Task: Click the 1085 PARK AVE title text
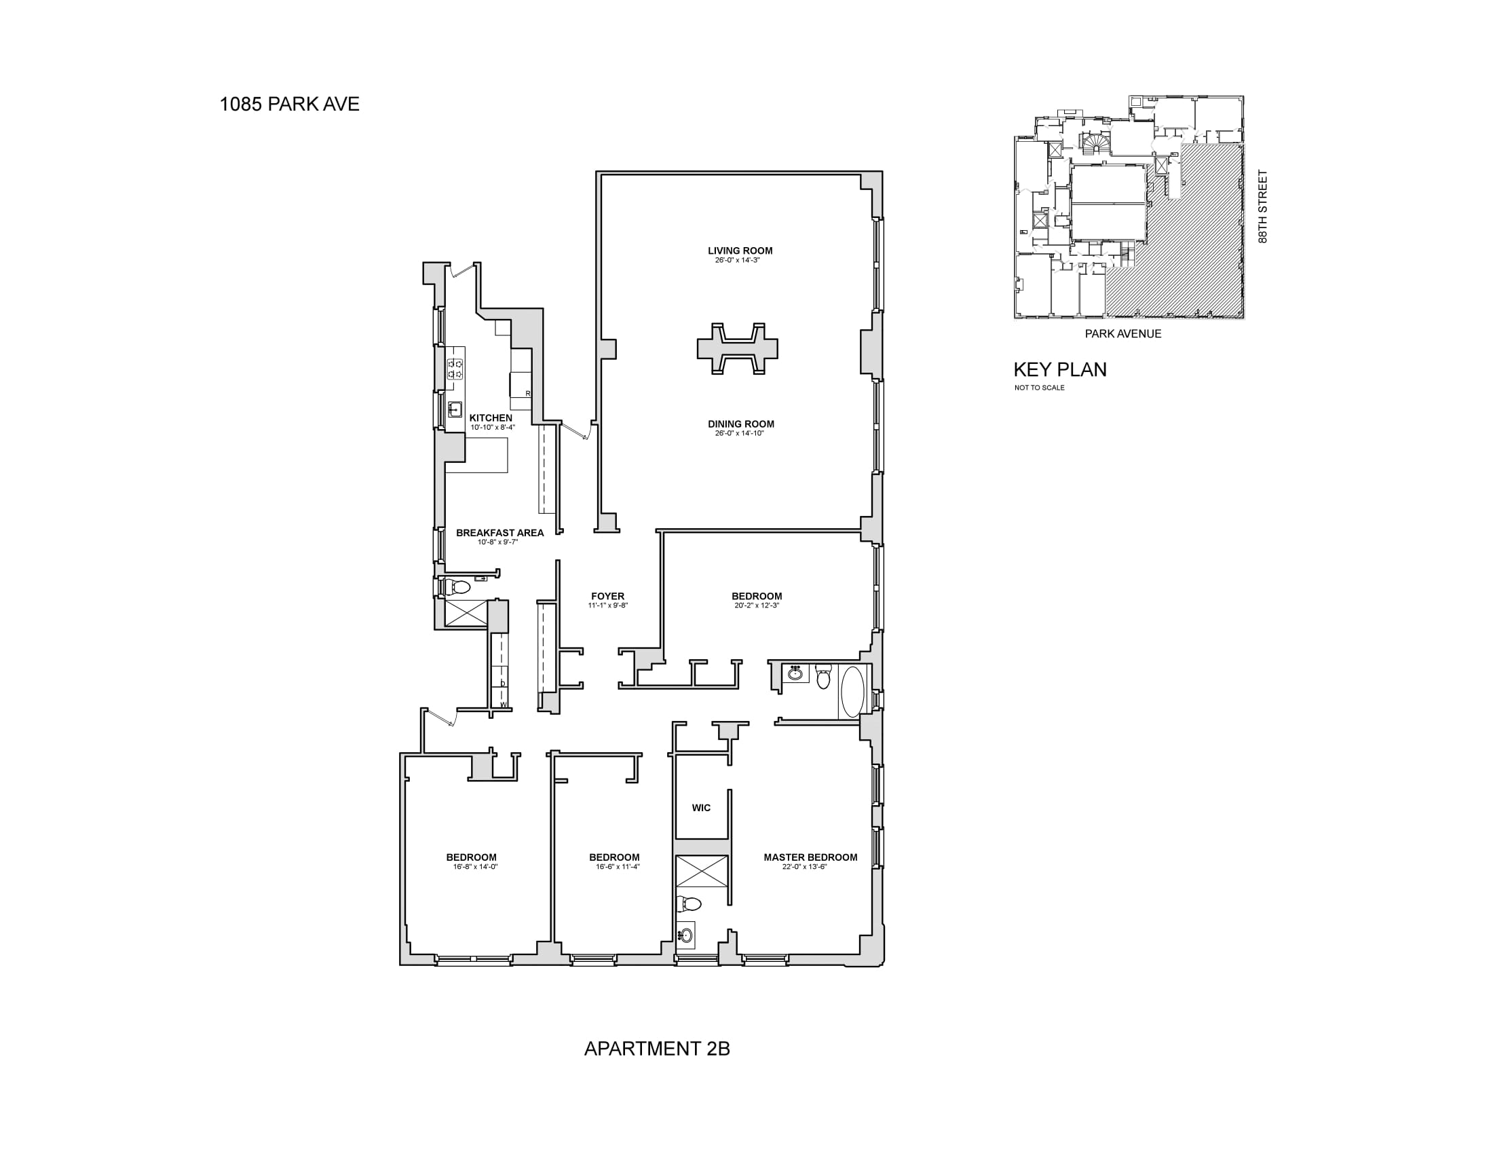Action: [289, 104]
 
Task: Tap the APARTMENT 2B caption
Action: [657, 1048]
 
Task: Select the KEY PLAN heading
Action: [1059, 370]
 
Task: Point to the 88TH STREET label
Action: [1263, 206]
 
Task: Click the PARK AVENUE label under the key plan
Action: [1123, 333]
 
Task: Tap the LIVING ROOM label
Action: [740, 250]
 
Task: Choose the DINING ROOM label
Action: [740, 424]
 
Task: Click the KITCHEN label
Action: [490, 417]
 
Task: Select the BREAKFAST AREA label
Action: [499, 533]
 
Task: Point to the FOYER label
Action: [608, 596]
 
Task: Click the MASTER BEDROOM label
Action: [810, 857]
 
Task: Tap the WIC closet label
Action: [701, 808]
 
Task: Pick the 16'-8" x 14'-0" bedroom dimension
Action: [475, 867]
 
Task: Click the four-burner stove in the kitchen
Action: [455, 369]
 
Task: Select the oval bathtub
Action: [852, 692]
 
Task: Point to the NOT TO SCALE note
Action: [1039, 388]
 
